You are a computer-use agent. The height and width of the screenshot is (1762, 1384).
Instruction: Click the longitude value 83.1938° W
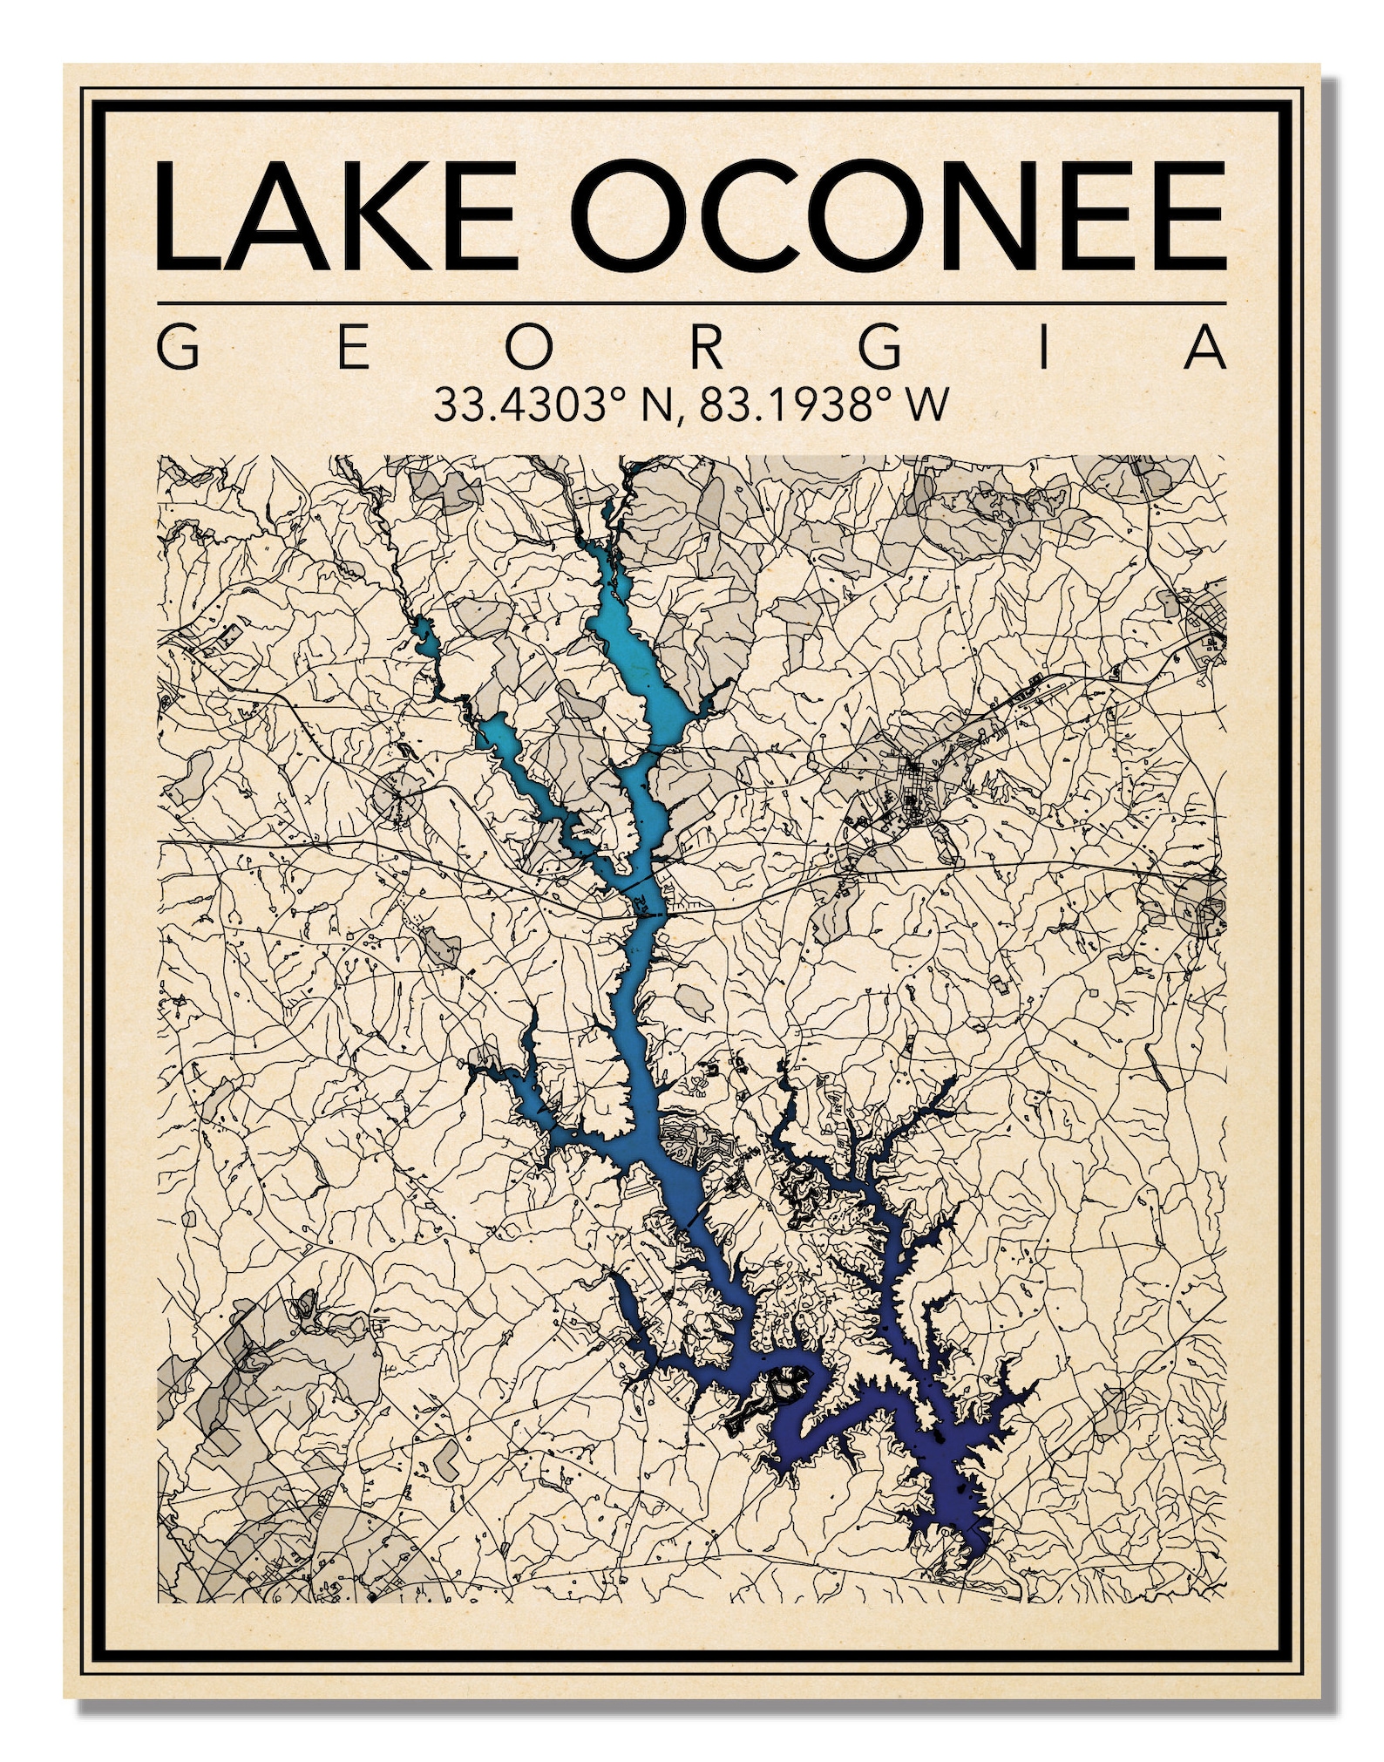click(824, 405)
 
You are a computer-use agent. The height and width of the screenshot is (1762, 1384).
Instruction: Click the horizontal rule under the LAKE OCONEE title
click(691, 303)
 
